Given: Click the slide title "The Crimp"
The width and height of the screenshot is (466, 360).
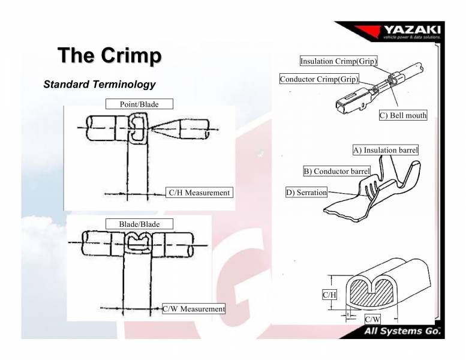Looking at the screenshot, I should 110,55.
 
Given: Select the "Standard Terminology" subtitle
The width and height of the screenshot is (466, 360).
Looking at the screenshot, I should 100,84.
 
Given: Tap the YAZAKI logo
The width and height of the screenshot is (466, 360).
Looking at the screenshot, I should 411,31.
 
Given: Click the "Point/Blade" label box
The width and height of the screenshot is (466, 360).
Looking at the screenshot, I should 139,104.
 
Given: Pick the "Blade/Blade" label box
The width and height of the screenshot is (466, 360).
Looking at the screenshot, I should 139,224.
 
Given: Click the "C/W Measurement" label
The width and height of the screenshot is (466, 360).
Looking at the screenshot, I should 194,308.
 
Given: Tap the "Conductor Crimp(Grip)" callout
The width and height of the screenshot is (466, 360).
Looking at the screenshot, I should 319,79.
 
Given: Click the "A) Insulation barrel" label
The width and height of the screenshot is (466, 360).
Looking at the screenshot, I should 384,149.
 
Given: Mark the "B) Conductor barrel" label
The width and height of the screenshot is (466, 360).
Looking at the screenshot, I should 336,171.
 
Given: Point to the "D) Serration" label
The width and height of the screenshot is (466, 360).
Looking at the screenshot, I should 306,193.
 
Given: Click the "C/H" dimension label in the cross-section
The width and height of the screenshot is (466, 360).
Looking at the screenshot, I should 329,295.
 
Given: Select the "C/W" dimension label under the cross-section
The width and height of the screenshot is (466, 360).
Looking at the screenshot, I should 372,319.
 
